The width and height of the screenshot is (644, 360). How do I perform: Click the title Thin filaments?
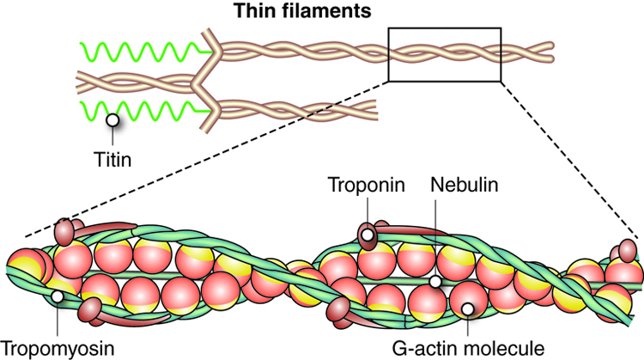pyautogui.click(x=303, y=10)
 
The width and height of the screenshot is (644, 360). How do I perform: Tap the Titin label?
pyautogui.click(x=112, y=160)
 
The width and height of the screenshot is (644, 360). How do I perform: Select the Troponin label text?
pyautogui.click(x=367, y=185)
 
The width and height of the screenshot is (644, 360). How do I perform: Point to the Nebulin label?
pyautogui.click(x=464, y=185)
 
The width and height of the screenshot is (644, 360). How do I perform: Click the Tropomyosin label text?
pyautogui.click(x=57, y=349)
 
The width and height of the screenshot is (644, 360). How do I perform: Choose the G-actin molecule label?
pyautogui.click(x=468, y=349)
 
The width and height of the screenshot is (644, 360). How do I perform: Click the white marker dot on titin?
pyautogui.click(x=112, y=120)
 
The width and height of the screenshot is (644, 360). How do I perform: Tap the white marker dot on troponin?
pyautogui.click(x=368, y=235)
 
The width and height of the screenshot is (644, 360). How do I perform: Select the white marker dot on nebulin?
pyautogui.click(x=435, y=282)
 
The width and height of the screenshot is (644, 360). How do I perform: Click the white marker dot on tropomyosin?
pyautogui.click(x=58, y=296)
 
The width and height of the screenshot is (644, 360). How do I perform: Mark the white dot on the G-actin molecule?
pyautogui.click(x=467, y=308)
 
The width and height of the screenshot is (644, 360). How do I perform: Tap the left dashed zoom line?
pyautogui.click(x=207, y=159)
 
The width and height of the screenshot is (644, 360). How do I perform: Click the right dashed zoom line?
pyautogui.click(x=569, y=161)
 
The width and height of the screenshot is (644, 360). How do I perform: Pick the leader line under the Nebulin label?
pyautogui.click(x=435, y=237)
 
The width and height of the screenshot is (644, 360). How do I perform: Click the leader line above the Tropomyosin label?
pyautogui.click(x=58, y=320)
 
